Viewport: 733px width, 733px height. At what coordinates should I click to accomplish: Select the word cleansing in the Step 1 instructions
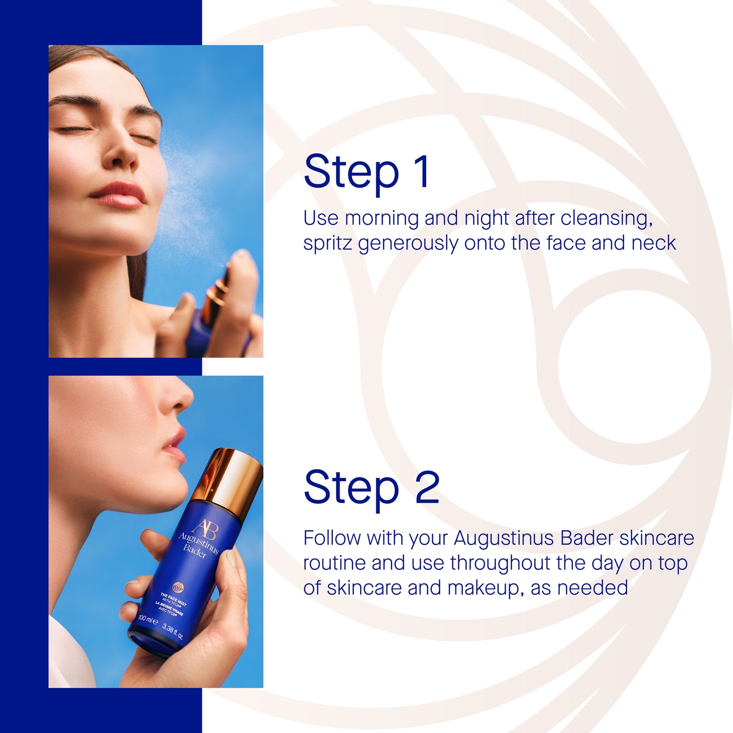[606, 218]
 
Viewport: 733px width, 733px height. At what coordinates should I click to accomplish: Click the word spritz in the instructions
[327, 243]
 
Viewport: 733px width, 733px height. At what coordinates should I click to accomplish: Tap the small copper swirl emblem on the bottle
[178, 587]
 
